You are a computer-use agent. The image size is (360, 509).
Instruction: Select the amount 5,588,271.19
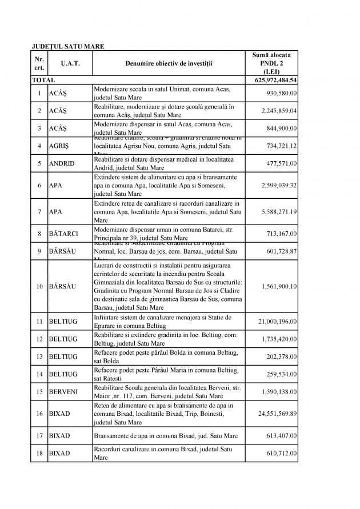tap(278, 211)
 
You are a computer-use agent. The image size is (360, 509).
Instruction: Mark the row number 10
tap(39, 286)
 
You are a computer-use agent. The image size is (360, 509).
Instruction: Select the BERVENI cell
tap(63, 393)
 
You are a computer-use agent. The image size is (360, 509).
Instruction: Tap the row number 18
tap(39, 453)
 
